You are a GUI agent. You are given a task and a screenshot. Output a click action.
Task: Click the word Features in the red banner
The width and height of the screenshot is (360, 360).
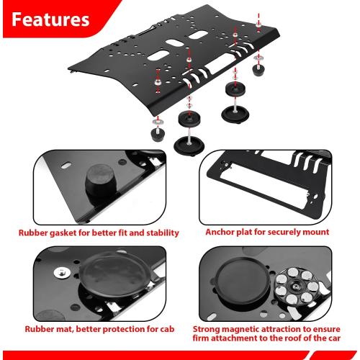[x=50, y=19]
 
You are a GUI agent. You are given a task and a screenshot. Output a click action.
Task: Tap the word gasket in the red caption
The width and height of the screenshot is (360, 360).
[x=63, y=233]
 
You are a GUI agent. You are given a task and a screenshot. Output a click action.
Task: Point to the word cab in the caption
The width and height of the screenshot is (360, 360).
[x=167, y=329]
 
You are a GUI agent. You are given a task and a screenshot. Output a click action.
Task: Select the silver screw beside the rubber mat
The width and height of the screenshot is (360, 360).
[x=62, y=273]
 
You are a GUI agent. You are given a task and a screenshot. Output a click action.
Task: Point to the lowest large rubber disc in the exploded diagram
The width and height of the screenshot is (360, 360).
[x=189, y=146]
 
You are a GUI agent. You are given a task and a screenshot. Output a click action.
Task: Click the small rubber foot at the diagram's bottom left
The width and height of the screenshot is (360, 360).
[x=158, y=135]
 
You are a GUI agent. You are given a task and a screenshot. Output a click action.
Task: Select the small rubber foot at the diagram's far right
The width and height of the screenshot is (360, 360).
[x=258, y=70]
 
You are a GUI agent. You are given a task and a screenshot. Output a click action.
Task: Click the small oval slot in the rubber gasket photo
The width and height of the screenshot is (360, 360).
[x=66, y=166]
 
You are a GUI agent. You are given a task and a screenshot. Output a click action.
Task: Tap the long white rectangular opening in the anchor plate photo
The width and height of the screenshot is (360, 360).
[x=263, y=184]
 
